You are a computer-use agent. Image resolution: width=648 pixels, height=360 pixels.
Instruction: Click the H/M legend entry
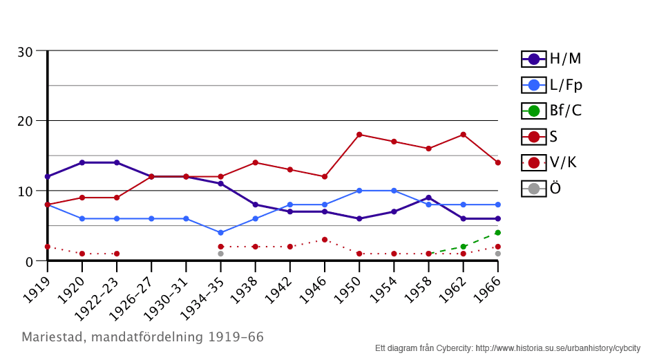tap(551, 59)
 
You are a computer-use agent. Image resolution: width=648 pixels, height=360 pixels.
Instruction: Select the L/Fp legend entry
tap(551, 85)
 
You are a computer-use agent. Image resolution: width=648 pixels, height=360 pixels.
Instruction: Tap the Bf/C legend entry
tap(551, 111)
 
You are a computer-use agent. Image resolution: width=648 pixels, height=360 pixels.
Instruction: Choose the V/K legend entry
tap(551, 162)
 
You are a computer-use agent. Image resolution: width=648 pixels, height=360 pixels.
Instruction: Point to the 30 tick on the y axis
tap(26, 51)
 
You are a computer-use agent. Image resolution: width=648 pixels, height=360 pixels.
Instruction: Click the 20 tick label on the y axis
tap(26, 121)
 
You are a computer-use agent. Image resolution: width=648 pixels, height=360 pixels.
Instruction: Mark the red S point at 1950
tap(359, 135)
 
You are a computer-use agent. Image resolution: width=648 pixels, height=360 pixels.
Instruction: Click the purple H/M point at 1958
tap(428, 198)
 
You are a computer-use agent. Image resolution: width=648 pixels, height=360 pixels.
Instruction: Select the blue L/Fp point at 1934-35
tap(220, 233)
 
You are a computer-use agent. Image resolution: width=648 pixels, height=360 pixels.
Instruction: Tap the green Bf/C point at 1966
tap(497, 233)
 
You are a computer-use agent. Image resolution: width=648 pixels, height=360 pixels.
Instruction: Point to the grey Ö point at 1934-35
tap(220, 254)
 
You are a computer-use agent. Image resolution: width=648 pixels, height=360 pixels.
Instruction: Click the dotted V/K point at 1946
tap(325, 240)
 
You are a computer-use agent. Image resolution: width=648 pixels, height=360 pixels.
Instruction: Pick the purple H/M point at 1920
tap(82, 162)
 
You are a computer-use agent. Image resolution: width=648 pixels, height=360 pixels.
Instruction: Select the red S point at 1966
tap(497, 162)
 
